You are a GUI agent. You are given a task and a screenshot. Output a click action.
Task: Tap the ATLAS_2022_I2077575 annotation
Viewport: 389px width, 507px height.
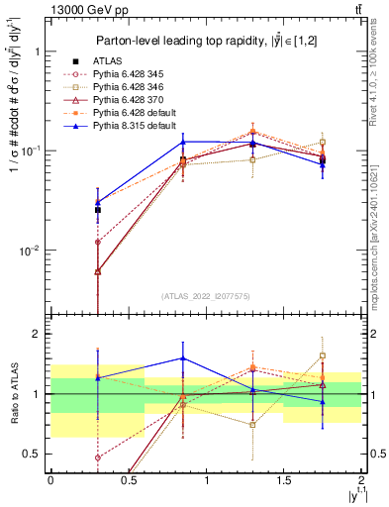coord(206,296)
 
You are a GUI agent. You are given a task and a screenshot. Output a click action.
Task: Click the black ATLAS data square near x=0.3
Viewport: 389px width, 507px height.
coord(97,210)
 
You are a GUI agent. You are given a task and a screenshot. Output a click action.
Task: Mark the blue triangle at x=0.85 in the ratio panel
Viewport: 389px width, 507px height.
coord(183,358)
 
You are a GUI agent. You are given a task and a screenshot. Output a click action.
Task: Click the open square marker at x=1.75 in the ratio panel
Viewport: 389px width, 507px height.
coord(323,356)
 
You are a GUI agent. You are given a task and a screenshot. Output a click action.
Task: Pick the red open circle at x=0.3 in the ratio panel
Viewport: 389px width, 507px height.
coord(97,457)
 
